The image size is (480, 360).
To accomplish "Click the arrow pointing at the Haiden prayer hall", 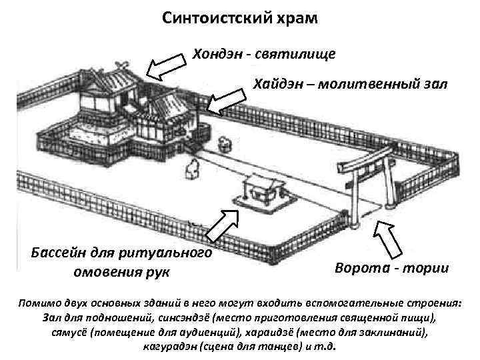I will pos(226,99).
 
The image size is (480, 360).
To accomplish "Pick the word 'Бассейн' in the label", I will pos(59,253).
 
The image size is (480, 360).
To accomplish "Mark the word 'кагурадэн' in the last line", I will pos(171,347).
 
